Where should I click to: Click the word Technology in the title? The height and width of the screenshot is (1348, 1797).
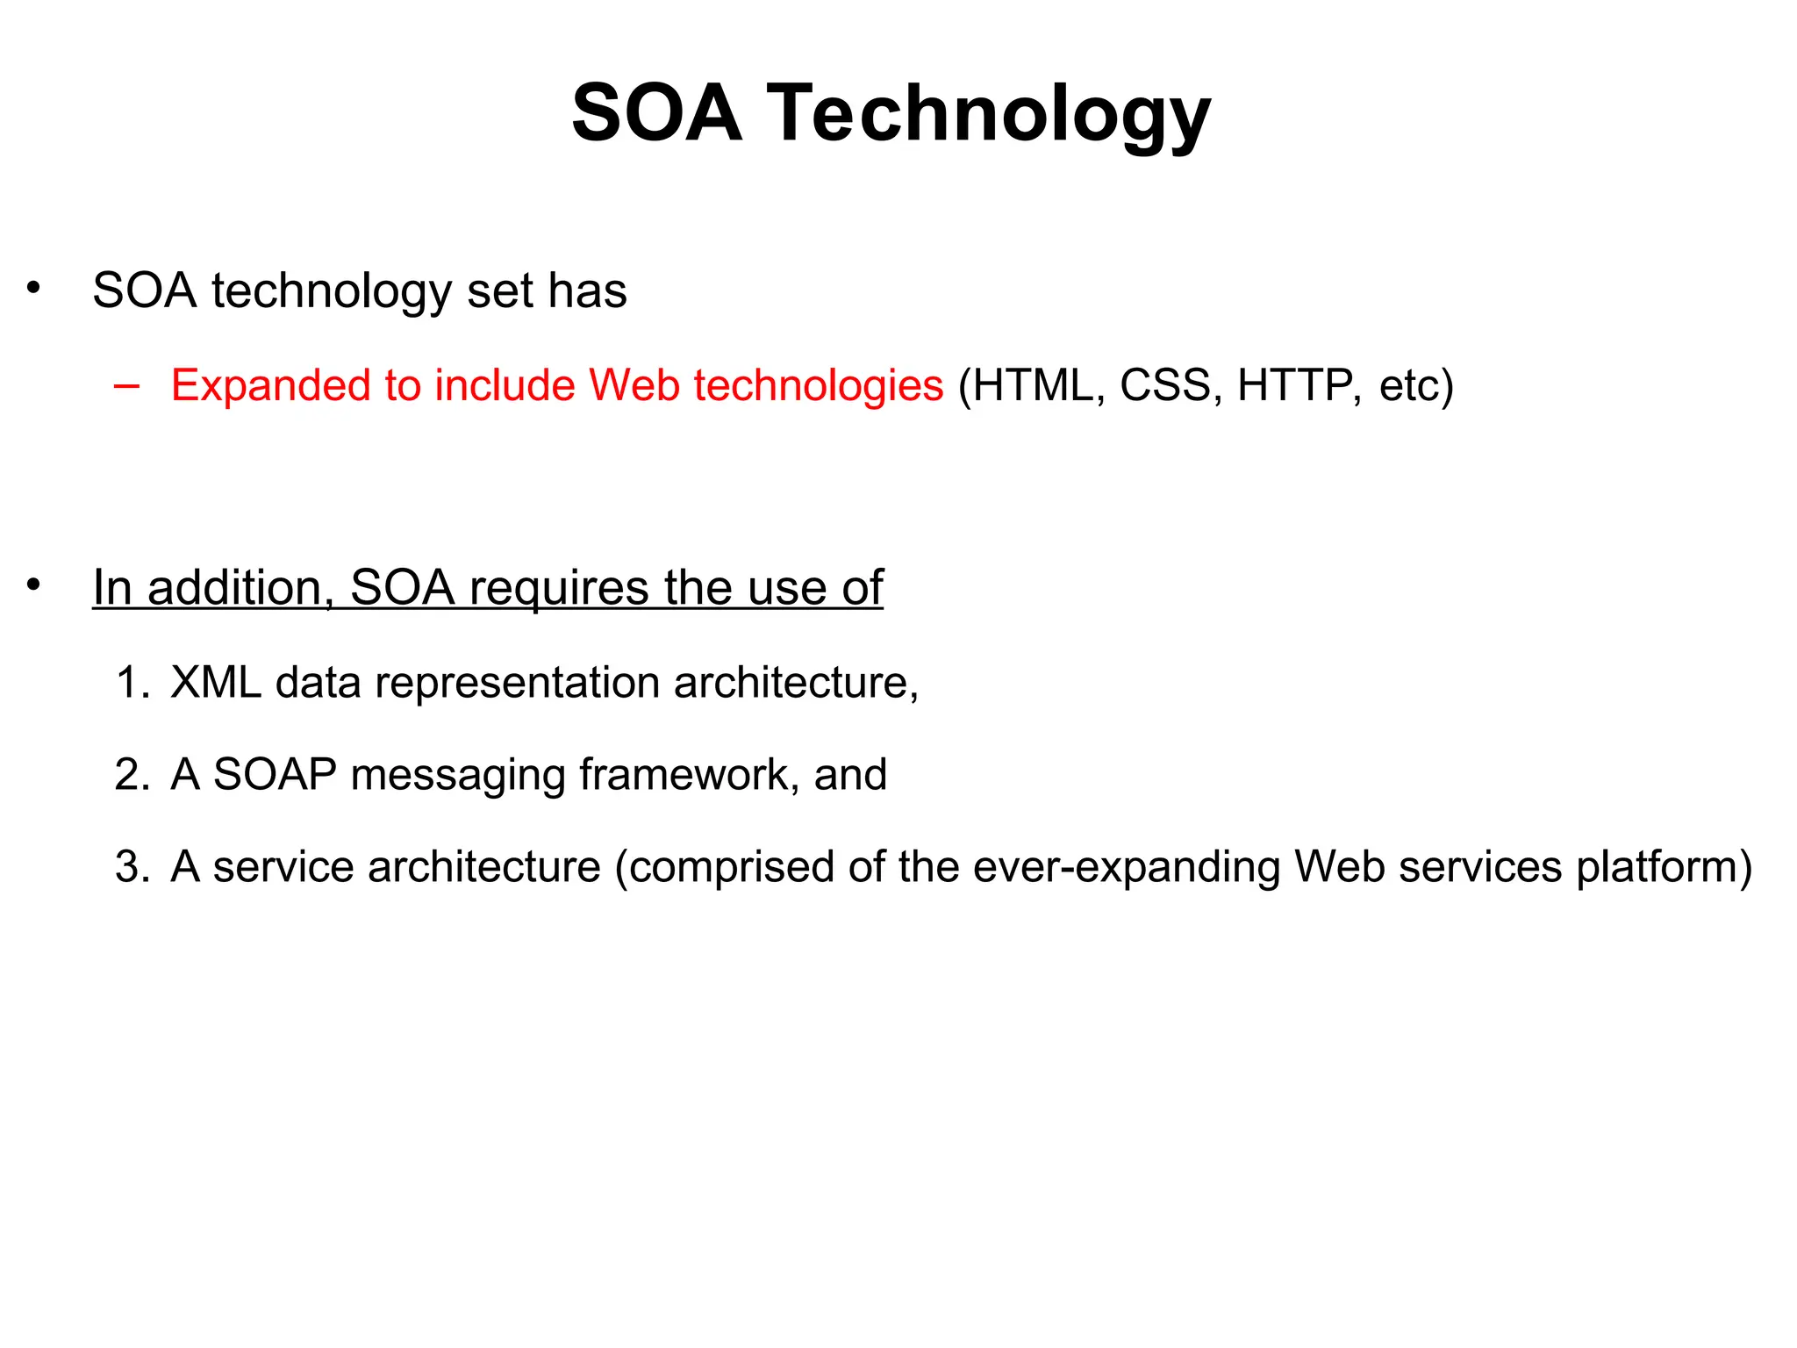989,114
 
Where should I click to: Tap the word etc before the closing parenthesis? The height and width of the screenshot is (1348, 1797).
1407,387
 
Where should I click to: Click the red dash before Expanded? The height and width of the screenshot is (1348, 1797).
126,386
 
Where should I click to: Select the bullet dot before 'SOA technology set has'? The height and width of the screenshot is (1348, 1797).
33,288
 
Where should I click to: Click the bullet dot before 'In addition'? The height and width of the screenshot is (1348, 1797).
33,585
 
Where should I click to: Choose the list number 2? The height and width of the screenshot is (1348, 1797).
132,775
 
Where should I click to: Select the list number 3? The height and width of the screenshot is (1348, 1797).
132,867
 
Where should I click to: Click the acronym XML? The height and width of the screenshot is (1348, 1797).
216,683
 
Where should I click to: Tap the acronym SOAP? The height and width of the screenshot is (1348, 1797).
275,775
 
